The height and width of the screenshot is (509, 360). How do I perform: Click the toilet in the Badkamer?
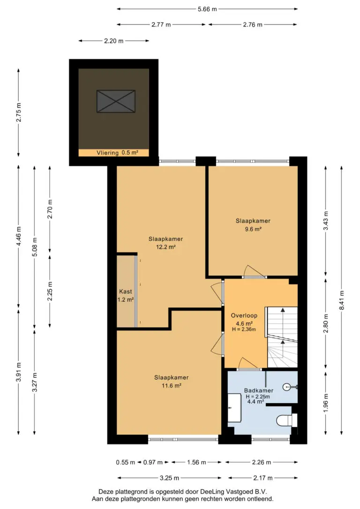286,420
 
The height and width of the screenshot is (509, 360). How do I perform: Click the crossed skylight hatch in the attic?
116,101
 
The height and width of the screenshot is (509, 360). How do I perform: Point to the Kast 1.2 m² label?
126,295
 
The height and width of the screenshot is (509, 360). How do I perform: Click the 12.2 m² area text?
166,247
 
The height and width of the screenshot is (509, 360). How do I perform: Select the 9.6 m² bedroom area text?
253,229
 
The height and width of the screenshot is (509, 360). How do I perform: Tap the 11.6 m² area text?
172,386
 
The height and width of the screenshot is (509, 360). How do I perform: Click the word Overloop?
244,315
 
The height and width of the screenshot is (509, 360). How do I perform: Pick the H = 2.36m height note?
244,329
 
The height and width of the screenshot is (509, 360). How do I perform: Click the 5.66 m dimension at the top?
207,9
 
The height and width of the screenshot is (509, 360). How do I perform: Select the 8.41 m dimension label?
342,300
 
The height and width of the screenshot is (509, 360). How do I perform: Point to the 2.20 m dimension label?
113,41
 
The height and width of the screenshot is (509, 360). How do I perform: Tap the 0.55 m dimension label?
125,462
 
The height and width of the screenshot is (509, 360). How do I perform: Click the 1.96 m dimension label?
326,403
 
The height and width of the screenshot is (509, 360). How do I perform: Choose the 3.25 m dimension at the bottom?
169,478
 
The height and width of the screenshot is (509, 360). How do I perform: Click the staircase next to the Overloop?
282,337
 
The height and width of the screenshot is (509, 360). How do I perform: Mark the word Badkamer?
259,390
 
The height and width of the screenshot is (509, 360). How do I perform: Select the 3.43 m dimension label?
326,221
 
